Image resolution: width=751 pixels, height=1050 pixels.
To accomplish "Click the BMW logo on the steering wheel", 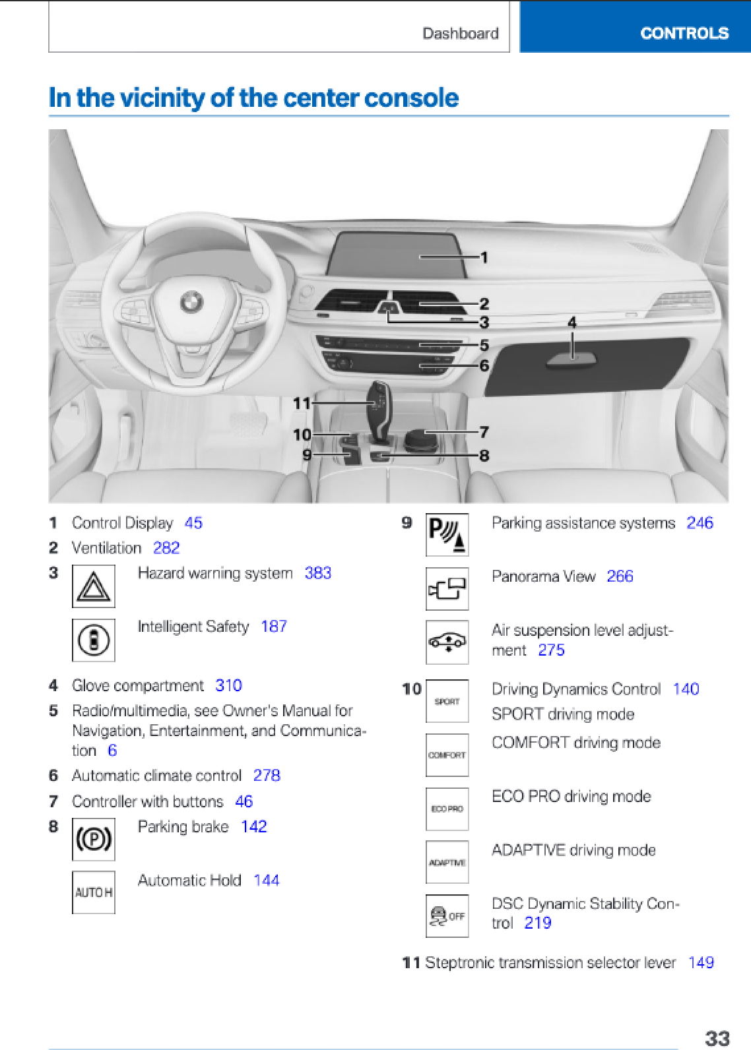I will [x=191, y=302].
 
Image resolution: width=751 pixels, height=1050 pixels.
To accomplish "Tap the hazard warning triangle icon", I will [x=94, y=586].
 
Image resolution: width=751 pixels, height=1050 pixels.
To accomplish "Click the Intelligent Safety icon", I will [x=94, y=640].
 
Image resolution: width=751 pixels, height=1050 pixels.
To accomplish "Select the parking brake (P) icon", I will [x=94, y=839].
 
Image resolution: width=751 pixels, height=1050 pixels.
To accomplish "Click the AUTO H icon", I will [x=94, y=892].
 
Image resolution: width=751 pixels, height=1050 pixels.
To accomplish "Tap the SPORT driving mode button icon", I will [x=447, y=702].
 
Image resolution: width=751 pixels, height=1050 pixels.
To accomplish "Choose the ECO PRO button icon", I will [x=447, y=809].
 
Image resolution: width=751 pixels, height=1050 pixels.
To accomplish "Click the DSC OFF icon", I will [x=447, y=915].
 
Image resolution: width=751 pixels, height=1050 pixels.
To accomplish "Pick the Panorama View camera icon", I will [x=447, y=588].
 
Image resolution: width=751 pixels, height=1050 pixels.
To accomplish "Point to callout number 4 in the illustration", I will [x=572, y=323].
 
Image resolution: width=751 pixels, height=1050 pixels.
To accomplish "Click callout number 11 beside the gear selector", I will [x=302, y=403].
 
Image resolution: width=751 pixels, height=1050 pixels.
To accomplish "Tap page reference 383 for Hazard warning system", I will [x=317, y=573].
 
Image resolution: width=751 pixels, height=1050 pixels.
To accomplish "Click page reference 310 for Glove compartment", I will [x=228, y=685].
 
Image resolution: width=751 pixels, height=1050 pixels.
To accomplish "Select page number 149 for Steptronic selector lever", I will [x=700, y=963].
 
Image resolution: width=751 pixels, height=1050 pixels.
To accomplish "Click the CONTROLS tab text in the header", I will [x=684, y=33].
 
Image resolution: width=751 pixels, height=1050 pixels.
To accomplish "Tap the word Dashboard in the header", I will [x=460, y=34].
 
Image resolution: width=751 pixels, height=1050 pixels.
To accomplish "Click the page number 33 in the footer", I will [x=717, y=1038].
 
